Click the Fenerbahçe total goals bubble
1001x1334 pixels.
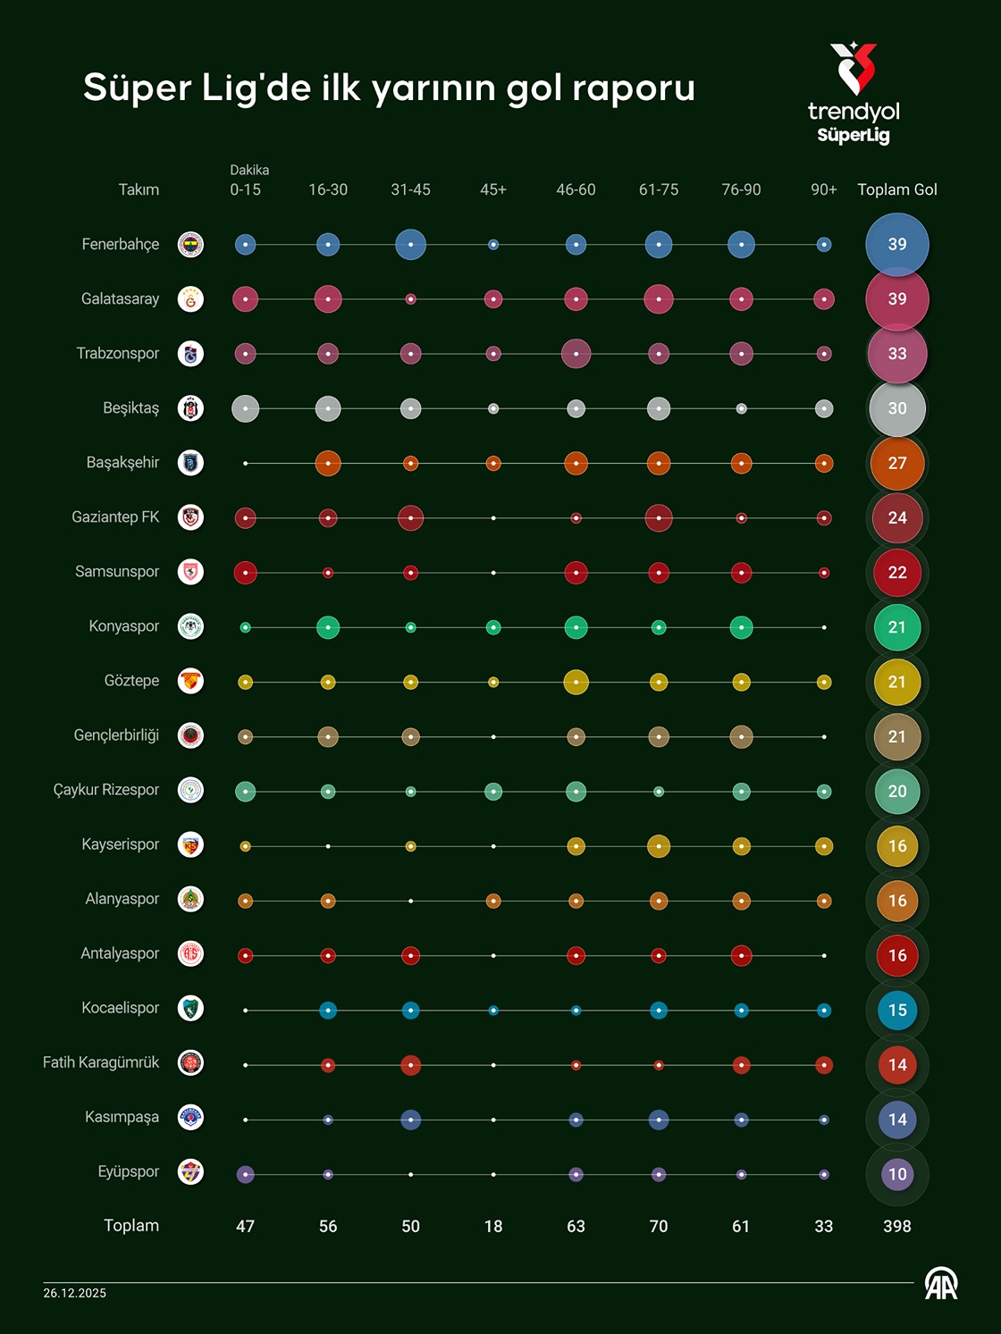click(896, 244)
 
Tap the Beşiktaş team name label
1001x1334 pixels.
click(130, 408)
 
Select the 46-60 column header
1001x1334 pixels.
click(576, 189)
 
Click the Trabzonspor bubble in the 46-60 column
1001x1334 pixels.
click(576, 354)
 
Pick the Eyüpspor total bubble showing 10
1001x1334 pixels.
click(896, 1174)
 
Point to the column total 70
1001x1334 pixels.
click(659, 1226)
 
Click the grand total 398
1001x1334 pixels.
click(896, 1226)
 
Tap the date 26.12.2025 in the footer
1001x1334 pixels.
click(75, 1293)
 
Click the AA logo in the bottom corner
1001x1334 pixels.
click(941, 1285)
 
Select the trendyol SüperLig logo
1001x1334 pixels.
click(854, 94)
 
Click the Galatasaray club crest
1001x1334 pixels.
click(190, 299)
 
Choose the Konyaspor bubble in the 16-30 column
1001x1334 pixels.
click(328, 627)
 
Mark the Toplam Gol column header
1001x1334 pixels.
click(896, 189)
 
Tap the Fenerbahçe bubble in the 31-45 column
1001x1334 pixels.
click(410, 244)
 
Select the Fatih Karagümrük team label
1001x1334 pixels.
click(101, 1062)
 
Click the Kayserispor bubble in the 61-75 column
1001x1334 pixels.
click(659, 846)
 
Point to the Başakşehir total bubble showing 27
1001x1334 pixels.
click(896, 463)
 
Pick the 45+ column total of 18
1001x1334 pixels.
click(493, 1226)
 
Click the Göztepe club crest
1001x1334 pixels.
click(190, 681)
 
